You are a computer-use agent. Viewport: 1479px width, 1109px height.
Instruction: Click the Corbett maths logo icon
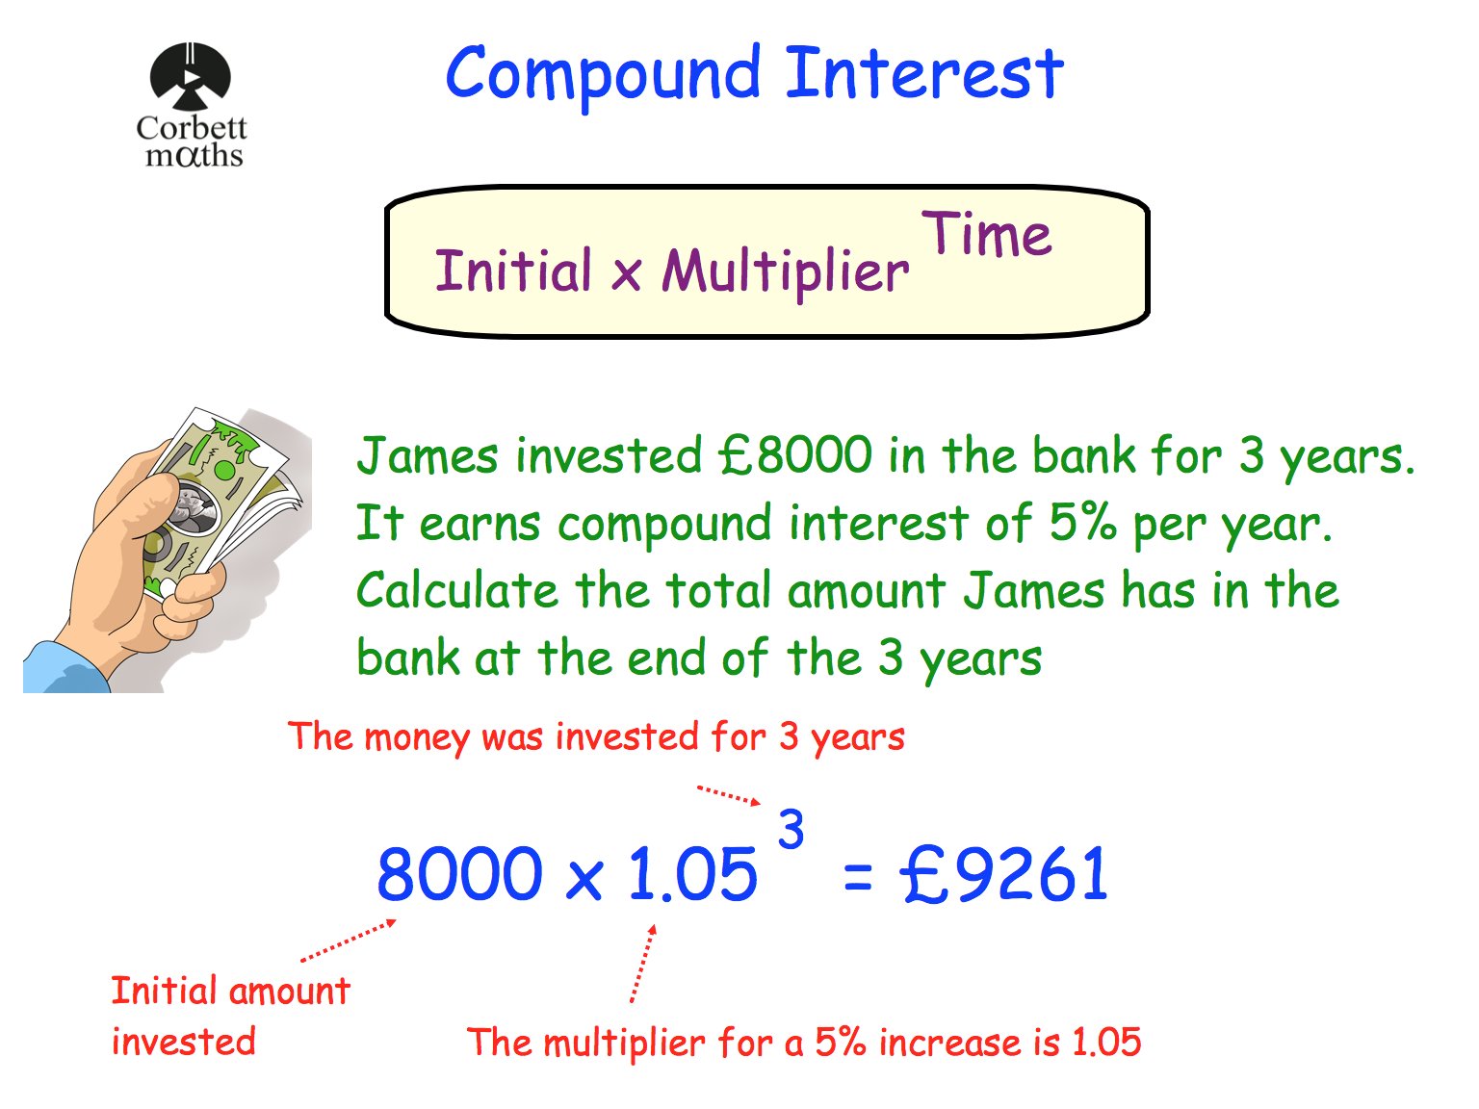(190, 76)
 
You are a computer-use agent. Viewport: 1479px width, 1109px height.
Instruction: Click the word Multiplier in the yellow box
(785, 272)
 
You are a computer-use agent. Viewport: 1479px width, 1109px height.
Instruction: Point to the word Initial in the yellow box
(513, 271)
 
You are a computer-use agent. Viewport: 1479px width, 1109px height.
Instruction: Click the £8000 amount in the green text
(795, 455)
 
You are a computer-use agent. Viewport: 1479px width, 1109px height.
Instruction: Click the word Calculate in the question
(456, 590)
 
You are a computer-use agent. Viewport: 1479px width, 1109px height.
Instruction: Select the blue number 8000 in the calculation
(459, 874)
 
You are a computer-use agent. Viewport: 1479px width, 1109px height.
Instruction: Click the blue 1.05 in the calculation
(692, 874)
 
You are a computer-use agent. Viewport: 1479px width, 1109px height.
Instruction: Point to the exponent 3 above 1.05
(791, 829)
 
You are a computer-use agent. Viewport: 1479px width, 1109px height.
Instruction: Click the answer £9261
(1004, 874)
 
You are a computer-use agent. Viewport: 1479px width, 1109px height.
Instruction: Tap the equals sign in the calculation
(857, 876)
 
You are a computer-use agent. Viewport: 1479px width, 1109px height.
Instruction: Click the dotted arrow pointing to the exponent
(729, 794)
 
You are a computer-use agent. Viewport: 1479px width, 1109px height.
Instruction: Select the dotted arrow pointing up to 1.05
(643, 963)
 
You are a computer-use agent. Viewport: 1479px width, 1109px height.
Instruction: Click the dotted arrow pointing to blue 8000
(349, 940)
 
